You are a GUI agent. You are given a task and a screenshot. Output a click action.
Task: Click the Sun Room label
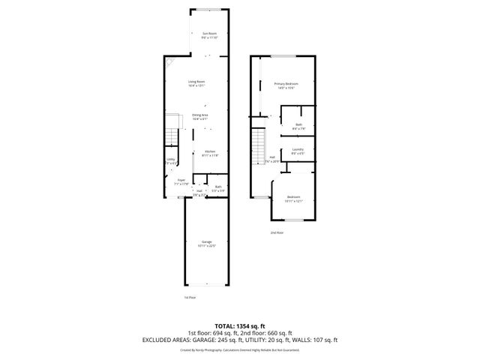(209, 34)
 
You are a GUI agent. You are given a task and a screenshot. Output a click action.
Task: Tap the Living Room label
(196, 82)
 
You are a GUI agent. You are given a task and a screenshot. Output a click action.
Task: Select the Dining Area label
(199, 116)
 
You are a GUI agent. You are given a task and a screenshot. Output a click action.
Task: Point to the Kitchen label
(210, 153)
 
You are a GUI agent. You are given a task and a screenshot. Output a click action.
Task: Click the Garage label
(205, 243)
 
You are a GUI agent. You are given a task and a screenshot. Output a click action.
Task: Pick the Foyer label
(181, 181)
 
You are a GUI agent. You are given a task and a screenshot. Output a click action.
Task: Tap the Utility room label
(170, 160)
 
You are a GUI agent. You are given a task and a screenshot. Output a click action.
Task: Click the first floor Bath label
(218, 187)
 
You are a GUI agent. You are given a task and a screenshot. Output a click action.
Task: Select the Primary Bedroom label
(286, 85)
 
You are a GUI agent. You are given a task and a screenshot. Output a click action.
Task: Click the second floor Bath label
(298, 126)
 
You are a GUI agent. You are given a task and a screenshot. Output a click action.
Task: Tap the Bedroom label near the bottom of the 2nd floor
(292, 199)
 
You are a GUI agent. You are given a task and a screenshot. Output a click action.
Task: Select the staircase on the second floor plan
(259, 142)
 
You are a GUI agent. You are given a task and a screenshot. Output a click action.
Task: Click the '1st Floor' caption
(190, 298)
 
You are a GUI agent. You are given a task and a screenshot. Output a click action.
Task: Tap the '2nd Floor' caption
(277, 232)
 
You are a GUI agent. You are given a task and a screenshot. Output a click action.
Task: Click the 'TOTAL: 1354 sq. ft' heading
(240, 326)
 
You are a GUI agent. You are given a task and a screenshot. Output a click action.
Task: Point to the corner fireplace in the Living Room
(171, 64)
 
